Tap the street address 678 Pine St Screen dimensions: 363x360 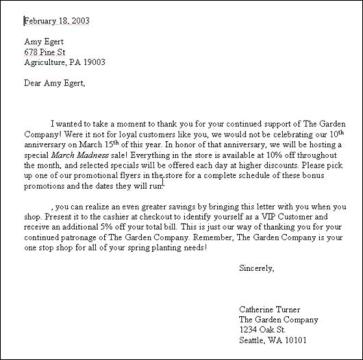point(43,55)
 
